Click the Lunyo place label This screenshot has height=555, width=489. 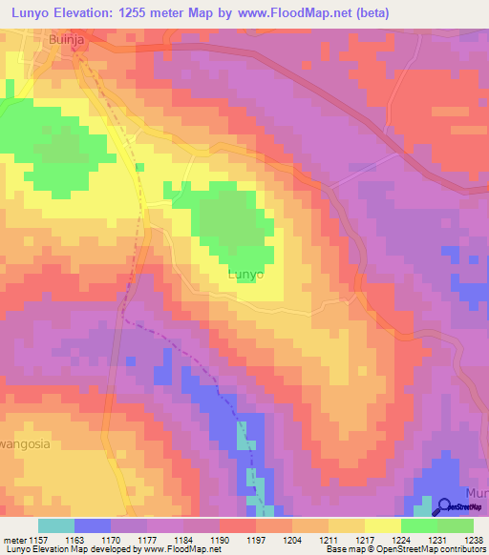pyautogui.click(x=246, y=274)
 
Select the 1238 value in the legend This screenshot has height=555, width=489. pyautogui.click(x=469, y=539)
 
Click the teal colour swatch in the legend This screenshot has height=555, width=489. pyautogui.click(x=56, y=525)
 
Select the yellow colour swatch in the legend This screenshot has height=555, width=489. pyautogui.click(x=382, y=525)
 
